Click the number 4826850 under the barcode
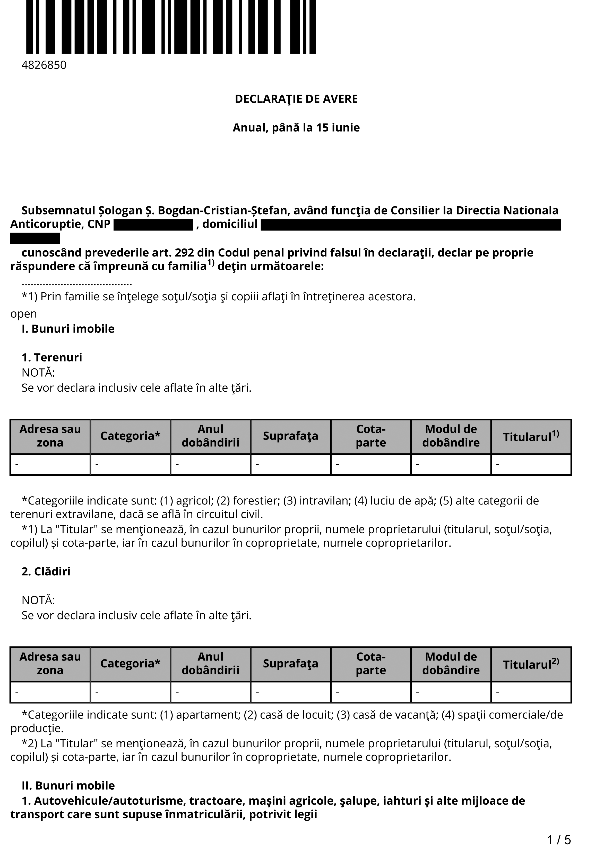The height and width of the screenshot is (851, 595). (44, 65)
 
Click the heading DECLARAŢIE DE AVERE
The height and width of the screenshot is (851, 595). (296, 99)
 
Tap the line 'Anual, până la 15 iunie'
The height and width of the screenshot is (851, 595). (296, 128)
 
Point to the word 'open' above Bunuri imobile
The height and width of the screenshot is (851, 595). (24, 314)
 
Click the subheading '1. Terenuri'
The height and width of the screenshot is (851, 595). (52, 357)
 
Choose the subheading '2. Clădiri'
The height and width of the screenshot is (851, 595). (46, 571)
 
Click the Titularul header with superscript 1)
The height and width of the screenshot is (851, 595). (531, 436)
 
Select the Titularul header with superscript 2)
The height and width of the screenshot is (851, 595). (531, 664)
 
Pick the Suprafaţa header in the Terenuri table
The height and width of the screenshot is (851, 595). (291, 436)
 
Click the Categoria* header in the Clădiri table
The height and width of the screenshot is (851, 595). (130, 664)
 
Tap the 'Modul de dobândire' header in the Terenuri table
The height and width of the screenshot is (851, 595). (451, 436)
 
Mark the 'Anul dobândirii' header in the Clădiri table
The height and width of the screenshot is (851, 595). (210, 664)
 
